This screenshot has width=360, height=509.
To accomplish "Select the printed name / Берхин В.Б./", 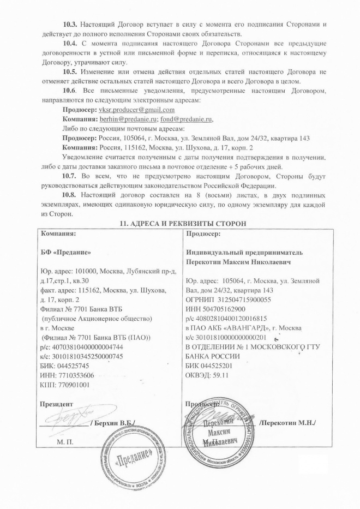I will [112, 423].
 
